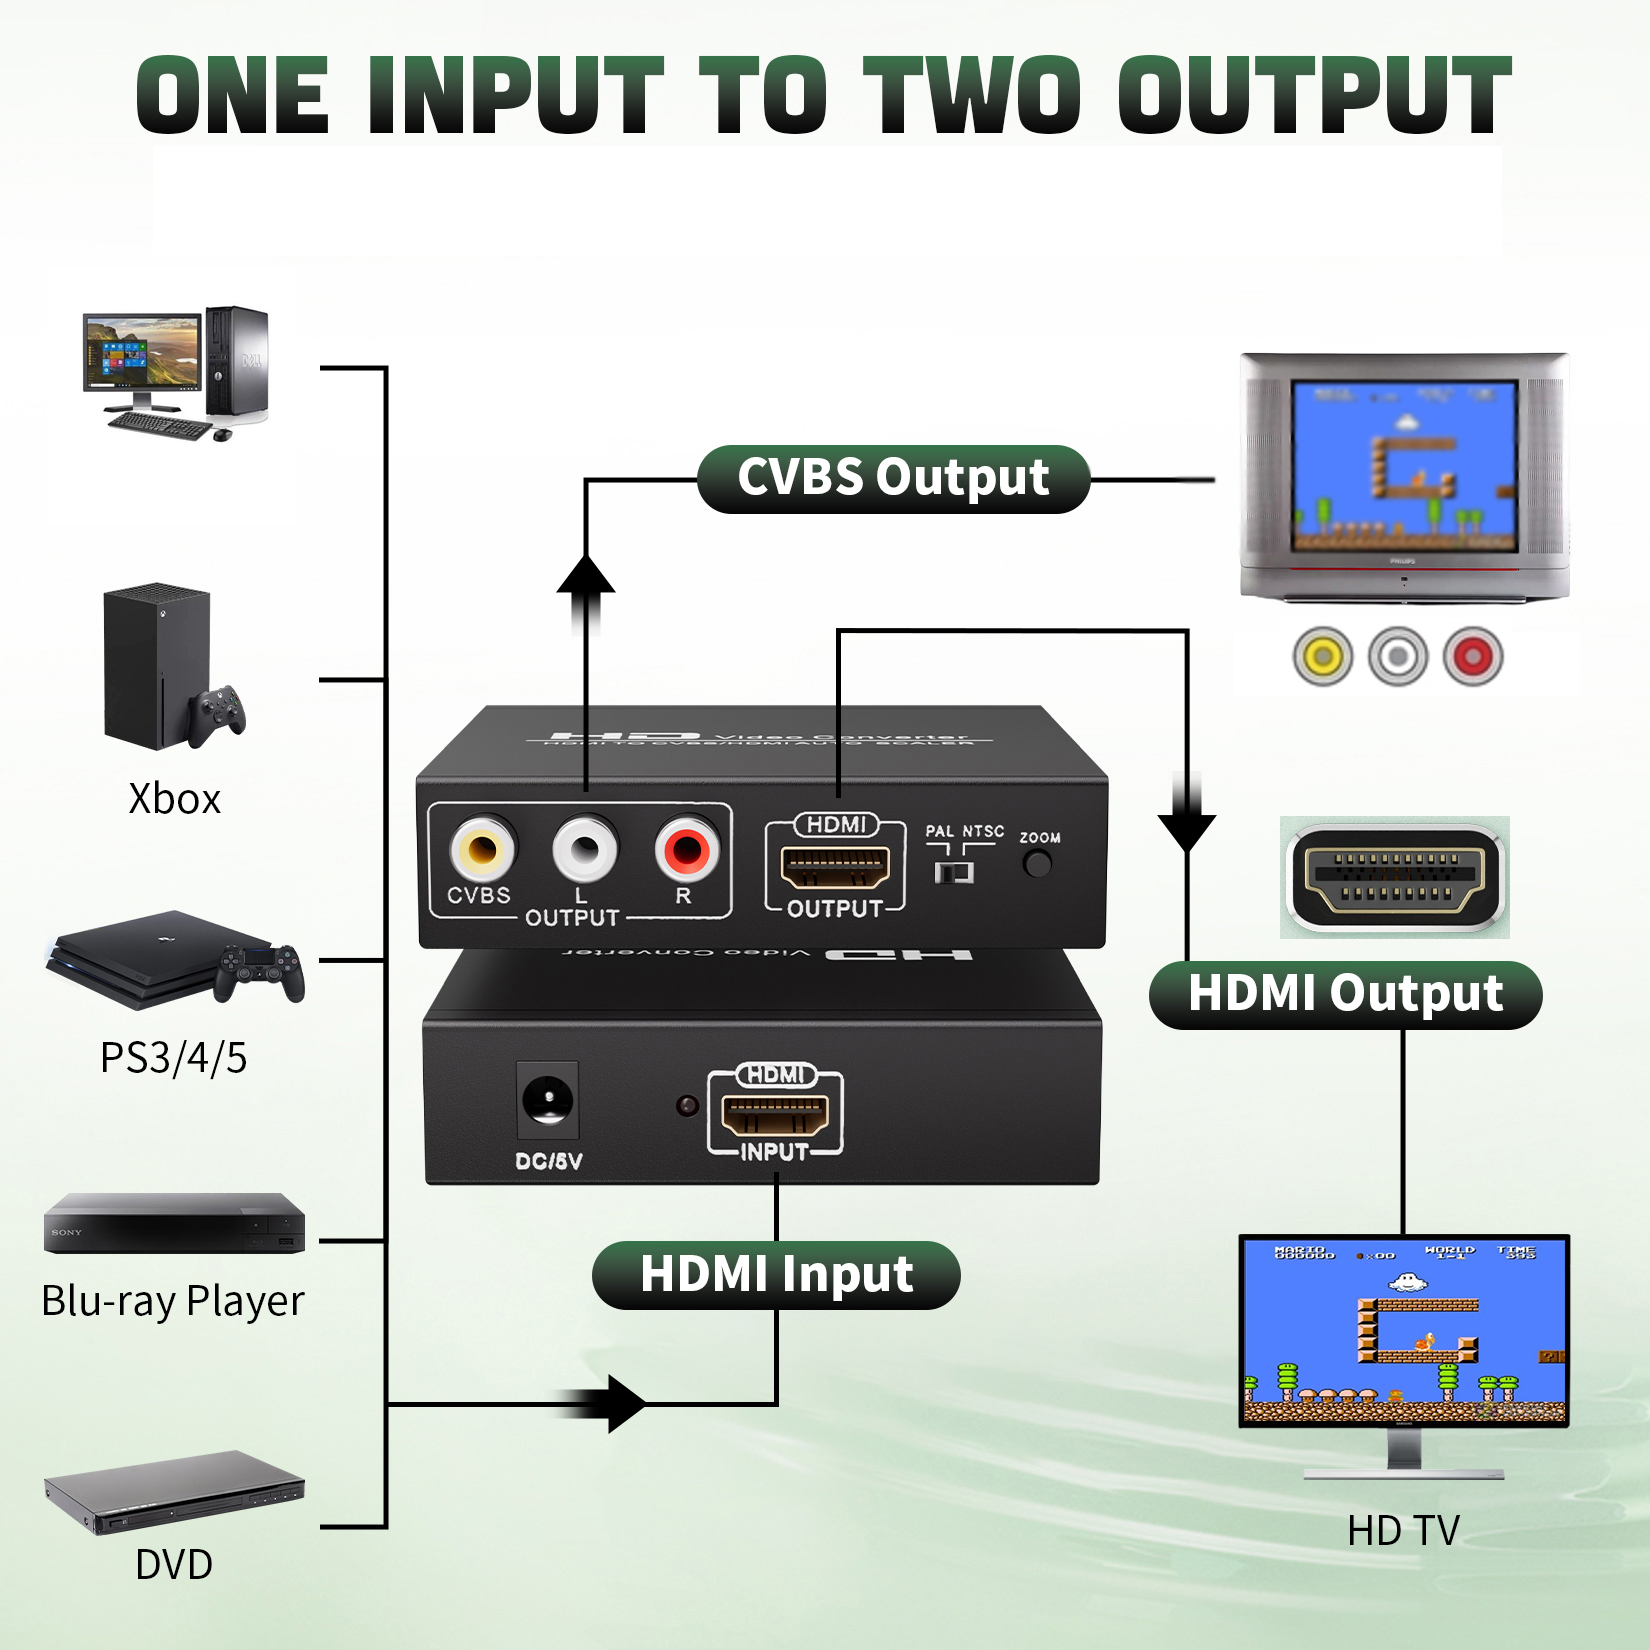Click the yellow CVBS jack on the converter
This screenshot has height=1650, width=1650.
tap(482, 850)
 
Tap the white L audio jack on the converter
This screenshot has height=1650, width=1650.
tap(585, 850)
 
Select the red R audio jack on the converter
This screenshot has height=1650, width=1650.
tap(687, 850)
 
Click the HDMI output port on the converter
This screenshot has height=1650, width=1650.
tap(835, 867)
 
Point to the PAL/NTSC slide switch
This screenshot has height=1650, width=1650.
tap(954, 872)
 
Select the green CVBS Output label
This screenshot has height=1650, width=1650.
tap(893, 479)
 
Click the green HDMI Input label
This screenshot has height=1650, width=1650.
tap(776, 1275)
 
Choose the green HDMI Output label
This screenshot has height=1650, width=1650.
tap(1345, 995)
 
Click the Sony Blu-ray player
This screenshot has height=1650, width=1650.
tap(174, 1223)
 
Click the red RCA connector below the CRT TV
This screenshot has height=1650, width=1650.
tap(1472, 657)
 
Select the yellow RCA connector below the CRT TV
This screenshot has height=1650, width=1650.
tap(1322, 657)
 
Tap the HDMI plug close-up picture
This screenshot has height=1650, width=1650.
tap(1395, 877)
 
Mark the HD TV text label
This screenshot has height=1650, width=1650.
tap(1403, 1530)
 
